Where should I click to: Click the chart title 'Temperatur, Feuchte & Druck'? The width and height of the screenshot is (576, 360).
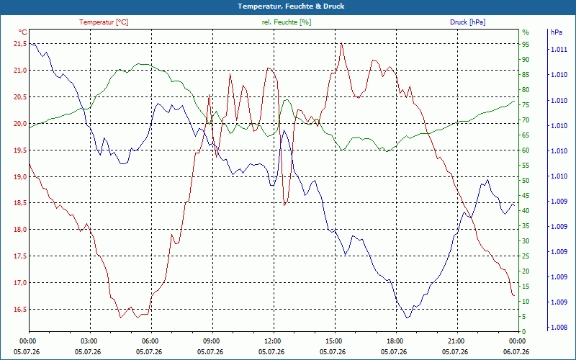pos(291,6)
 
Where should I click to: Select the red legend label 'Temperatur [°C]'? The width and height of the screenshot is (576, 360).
pos(104,22)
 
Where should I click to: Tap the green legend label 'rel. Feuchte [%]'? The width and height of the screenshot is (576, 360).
pos(286,22)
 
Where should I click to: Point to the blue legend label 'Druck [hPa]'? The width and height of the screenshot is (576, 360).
pos(467,22)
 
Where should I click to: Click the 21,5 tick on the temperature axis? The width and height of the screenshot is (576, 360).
pos(19,44)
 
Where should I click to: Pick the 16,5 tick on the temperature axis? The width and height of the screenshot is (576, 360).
pos(19,310)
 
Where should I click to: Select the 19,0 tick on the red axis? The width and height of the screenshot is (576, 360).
pos(19,176)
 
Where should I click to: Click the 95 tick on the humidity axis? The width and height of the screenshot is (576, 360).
pos(526,44)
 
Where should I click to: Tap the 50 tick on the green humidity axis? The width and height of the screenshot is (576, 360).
pos(526,181)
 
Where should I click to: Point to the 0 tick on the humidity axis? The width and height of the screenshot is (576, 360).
pos(524,331)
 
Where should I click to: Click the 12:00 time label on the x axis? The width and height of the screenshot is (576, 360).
pos(272,341)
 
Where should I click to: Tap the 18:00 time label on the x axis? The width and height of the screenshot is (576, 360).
pos(394,341)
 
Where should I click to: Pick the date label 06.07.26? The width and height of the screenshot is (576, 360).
pos(516,351)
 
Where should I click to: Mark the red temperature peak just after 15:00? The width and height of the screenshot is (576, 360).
pos(341,43)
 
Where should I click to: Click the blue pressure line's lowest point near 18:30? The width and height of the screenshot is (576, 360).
pos(407,318)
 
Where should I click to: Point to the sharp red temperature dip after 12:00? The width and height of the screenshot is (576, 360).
pos(284,205)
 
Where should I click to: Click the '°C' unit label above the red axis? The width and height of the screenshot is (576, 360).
pos(22,32)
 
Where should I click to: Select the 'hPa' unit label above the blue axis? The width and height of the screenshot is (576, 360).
pos(556,32)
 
